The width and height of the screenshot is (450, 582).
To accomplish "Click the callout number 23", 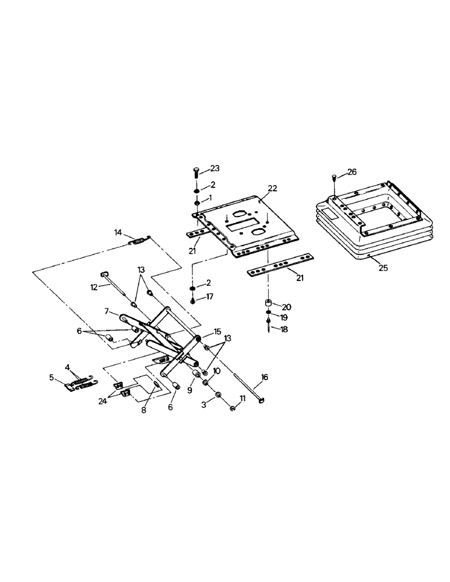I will [215, 168].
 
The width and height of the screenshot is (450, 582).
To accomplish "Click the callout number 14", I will [118, 233].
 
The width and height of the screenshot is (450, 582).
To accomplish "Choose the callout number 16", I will [265, 377].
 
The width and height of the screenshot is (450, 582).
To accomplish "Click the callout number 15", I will [217, 332].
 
